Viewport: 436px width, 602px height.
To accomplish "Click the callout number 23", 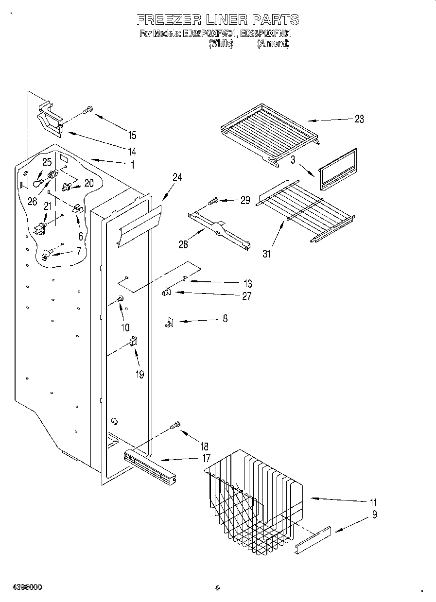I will [359, 119].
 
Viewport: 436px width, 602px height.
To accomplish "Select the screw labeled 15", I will [88, 110].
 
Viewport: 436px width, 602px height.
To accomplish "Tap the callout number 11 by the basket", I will [373, 503].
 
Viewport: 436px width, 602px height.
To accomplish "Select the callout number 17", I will [206, 458].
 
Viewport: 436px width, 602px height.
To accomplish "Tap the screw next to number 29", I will [213, 200].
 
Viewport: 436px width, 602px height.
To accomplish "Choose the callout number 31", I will [266, 253].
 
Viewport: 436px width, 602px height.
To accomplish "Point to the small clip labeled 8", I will [169, 322].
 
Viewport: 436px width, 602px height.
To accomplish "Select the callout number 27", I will [247, 296].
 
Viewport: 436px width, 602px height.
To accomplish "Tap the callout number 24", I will [177, 177].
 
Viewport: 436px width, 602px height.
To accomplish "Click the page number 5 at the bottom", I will [217, 588].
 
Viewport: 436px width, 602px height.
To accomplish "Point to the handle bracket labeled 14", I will [51, 119].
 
